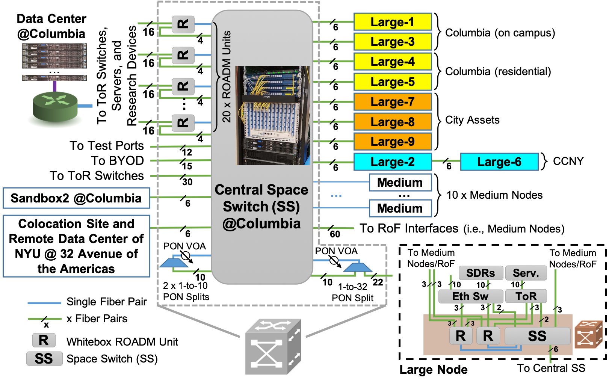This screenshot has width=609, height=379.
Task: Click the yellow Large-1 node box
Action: coord(392,22)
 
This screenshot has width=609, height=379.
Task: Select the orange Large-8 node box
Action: coord(392,122)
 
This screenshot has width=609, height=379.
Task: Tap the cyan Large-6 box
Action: coord(499,162)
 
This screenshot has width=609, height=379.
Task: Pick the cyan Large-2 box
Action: coord(392,162)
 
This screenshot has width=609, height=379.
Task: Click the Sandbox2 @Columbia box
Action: coord(76,198)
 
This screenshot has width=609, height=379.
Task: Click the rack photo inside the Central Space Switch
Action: coord(272,115)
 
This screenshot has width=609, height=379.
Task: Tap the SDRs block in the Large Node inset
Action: coord(481,273)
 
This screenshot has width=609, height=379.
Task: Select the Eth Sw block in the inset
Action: coord(470,296)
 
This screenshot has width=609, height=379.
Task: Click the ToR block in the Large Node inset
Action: coord(526,296)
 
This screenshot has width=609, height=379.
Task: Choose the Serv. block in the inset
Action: coord(526,273)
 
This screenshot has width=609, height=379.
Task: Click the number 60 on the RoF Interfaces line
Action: coord(335,234)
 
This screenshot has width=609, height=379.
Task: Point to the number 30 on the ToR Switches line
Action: coord(187,182)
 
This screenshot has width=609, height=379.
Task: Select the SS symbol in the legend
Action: coord(44,359)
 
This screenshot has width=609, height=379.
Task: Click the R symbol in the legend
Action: coord(44,340)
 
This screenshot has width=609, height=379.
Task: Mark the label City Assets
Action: coord(472,120)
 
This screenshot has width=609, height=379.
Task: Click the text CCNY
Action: coord(568,162)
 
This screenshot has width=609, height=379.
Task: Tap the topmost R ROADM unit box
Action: coord(183,24)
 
